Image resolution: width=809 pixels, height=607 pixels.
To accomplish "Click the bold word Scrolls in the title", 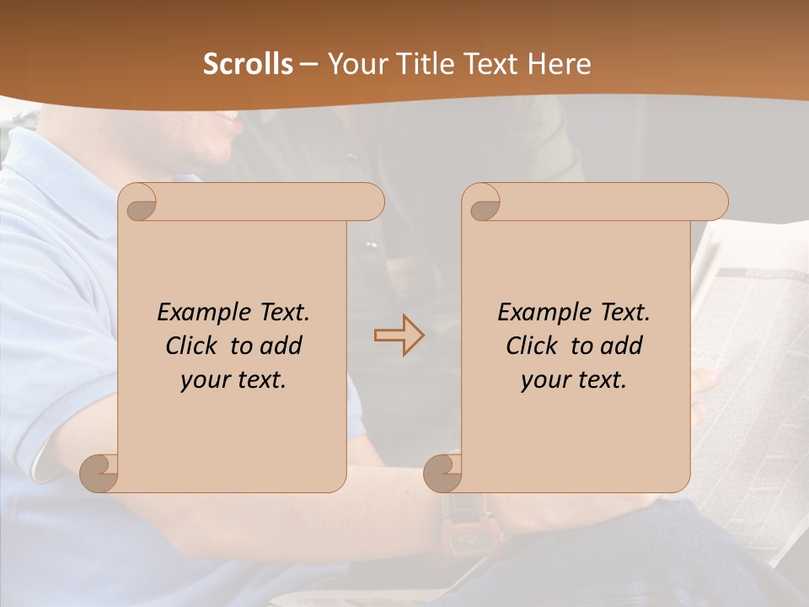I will coord(248,64).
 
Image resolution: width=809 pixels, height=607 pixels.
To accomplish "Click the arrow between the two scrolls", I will coord(399,336).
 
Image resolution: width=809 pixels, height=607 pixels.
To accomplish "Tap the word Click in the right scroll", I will coord(531,346).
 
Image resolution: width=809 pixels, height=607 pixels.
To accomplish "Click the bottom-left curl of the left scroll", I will coord(99,472).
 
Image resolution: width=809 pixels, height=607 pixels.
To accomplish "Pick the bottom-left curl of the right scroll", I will coord(443,472).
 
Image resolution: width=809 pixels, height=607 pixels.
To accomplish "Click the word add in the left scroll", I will coord(281,346).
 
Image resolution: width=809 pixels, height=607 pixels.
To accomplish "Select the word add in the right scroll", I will coord(622,346).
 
